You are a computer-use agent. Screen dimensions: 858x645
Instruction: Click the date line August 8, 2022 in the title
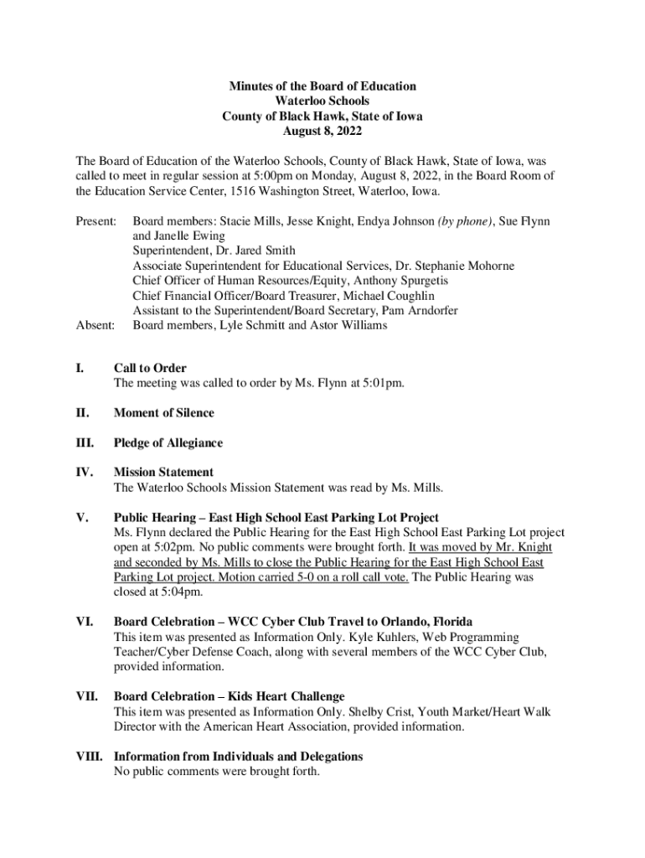click(322, 132)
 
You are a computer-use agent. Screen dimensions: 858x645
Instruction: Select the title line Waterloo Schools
click(322, 101)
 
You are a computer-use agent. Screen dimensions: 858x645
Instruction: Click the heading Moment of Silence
click(164, 412)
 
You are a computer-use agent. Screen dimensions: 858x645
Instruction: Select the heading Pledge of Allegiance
click(168, 442)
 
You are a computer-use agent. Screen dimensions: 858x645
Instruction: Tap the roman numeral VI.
click(85, 622)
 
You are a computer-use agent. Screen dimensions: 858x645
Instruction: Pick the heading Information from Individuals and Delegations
click(239, 757)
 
